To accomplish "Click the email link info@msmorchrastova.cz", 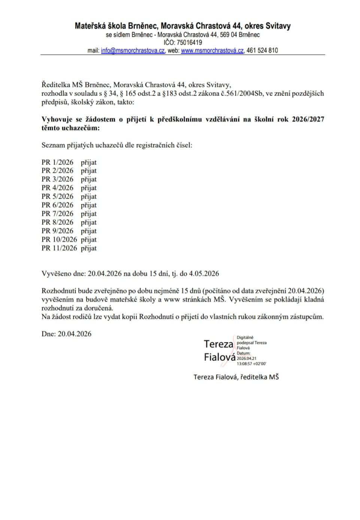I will [x=133, y=51].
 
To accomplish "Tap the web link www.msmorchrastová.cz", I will [x=212, y=51].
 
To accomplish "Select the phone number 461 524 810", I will [x=262, y=51].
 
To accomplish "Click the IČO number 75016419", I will [x=189, y=43].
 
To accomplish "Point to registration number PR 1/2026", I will [x=57, y=162].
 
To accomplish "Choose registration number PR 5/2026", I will [x=57, y=196].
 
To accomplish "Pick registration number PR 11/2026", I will [x=59, y=248].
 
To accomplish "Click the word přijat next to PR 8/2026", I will [x=88, y=223].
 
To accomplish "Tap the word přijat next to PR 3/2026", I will [x=88, y=179].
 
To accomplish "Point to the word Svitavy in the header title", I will [x=278, y=26].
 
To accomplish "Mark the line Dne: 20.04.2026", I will [x=66, y=333].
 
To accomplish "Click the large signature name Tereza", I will [x=218, y=344].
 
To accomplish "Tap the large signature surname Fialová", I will [x=220, y=357].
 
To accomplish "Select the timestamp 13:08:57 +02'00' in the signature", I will [x=251, y=363].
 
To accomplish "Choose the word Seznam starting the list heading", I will [x=52, y=145].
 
